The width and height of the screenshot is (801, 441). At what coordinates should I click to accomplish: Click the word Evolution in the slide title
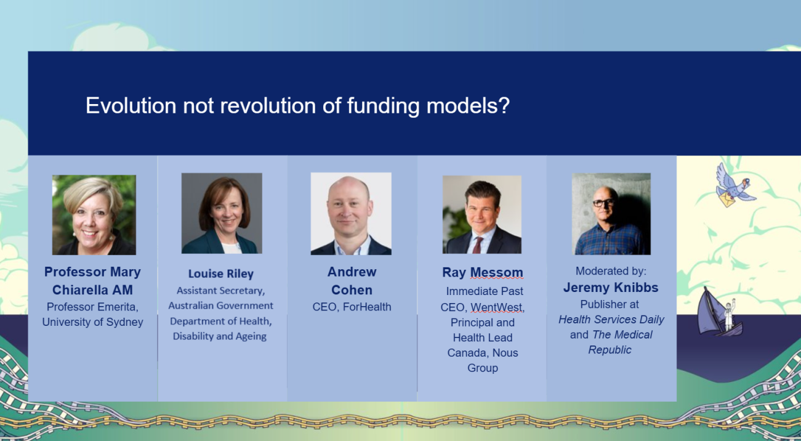pyautogui.click(x=131, y=105)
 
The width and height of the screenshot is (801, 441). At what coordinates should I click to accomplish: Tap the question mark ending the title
pyautogui.click(x=504, y=105)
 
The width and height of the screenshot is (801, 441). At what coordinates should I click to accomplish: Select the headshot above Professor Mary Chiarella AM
pyautogui.click(x=94, y=214)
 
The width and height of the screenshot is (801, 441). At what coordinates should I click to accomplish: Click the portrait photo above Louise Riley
pyautogui.click(x=222, y=213)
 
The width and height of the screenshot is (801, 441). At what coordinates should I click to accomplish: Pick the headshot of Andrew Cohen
pyautogui.click(x=351, y=214)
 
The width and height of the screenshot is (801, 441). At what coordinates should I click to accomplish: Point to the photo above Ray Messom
pyautogui.click(x=482, y=214)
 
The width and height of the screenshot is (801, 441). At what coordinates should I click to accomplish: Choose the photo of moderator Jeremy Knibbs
pyautogui.click(x=611, y=214)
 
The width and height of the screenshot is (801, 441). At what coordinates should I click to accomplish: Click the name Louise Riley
pyautogui.click(x=221, y=273)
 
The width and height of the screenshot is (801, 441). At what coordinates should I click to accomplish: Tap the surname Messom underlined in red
pyautogui.click(x=497, y=272)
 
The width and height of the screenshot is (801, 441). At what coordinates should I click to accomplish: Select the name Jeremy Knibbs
pyautogui.click(x=611, y=288)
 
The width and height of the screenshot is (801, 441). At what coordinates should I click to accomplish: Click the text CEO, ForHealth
pyautogui.click(x=352, y=307)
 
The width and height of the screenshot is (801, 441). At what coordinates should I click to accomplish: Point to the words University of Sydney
pyautogui.click(x=92, y=322)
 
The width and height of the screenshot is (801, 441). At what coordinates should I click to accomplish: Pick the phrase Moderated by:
pyautogui.click(x=611, y=271)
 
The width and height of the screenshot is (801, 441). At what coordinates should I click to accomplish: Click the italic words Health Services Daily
pyautogui.click(x=611, y=320)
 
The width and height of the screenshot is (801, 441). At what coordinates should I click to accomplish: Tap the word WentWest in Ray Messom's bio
pyautogui.click(x=496, y=307)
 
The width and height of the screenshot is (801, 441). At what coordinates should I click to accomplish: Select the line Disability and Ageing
pyautogui.click(x=220, y=336)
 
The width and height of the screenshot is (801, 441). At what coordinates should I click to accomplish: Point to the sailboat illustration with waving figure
pyautogui.click(x=720, y=312)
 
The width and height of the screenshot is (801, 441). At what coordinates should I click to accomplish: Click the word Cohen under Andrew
pyautogui.click(x=352, y=290)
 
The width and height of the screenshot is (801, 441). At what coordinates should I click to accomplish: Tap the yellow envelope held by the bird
pyautogui.click(x=727, y=199)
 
